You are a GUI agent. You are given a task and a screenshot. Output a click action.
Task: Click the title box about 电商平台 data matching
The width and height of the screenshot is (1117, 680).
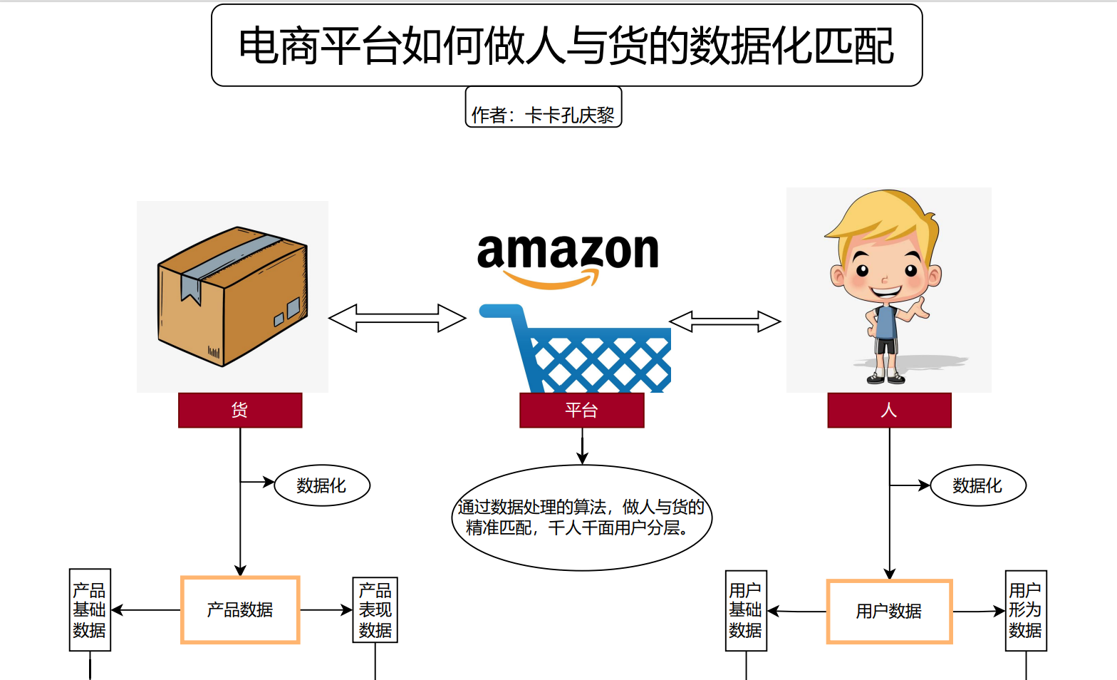click(x=566, y=46)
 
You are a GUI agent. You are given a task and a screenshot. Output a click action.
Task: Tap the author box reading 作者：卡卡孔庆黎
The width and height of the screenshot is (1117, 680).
click(x=544, y=108)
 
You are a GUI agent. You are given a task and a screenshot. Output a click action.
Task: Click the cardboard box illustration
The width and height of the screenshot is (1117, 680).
click(x=232, y=296)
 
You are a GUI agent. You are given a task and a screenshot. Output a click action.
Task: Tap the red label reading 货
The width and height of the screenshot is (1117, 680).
click(x=240, y=411)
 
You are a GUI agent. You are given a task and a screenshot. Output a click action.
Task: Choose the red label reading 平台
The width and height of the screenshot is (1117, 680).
click(x=581, y=411)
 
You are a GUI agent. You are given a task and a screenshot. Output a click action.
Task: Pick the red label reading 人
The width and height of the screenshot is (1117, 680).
click(x=889, y=411)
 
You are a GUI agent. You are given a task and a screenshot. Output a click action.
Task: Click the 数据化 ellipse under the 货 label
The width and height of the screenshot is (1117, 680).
click(x=322, y=486)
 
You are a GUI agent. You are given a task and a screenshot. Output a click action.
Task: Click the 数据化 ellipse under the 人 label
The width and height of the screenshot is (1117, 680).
click(x=978, y=486)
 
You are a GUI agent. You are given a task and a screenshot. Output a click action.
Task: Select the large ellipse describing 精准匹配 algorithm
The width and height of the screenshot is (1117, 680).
click(x=582, y=517)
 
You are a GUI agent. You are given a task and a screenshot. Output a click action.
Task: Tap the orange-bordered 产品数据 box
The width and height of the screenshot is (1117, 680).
click(x=240, y=610)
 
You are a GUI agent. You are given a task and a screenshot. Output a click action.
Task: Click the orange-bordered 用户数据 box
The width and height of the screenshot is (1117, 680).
click(x=889, y=612)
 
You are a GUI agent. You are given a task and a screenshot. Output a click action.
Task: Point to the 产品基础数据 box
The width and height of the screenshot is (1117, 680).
click(x=90, y=610)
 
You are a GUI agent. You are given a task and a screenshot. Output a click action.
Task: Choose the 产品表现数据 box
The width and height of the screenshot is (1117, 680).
click(x=375, y=610)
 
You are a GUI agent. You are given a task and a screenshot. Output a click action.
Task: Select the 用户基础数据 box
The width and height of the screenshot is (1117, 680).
click(x=746, y=611)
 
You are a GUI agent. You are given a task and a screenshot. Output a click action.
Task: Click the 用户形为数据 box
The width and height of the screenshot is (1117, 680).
click(x=1026, y=611)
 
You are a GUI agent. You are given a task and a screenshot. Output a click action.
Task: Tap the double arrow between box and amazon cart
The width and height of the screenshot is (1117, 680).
click(x=397, y=318)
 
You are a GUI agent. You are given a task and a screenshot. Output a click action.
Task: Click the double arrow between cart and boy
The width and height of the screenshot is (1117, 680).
click(x=725, y=321)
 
